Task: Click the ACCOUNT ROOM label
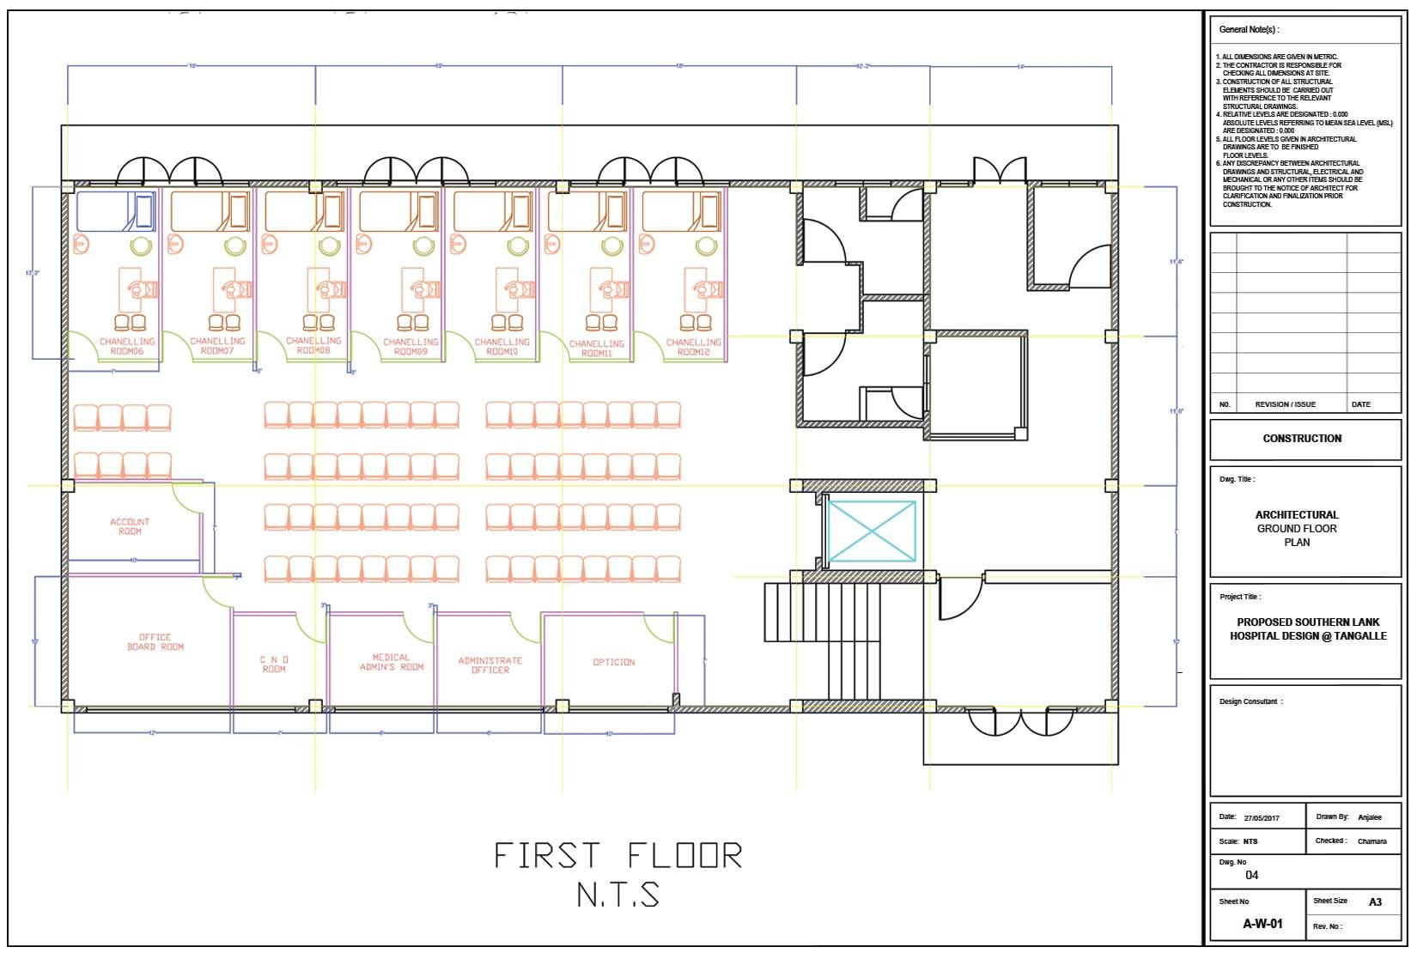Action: point(130,526)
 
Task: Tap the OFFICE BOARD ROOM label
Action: point(155,642)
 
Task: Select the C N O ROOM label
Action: point(274,664)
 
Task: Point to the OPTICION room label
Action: point(614,662)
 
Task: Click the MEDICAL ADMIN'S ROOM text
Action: point(392,662)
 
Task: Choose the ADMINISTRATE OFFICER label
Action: point(490,665)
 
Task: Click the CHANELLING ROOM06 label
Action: point(126,346)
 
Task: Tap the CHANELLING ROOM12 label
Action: point(693,347)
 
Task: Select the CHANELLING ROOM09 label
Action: point(411,347)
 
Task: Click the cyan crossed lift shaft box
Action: point(871,531)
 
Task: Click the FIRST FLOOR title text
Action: point(617,856)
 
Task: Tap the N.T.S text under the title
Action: point(617,895)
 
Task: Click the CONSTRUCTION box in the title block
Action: point(1302,439)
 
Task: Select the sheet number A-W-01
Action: point(1262,924)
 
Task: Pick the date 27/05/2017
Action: point(1262,818)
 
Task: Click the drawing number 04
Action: point(1251,876)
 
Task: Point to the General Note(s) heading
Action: point(1249,29)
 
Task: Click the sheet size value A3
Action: point(1375,901)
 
